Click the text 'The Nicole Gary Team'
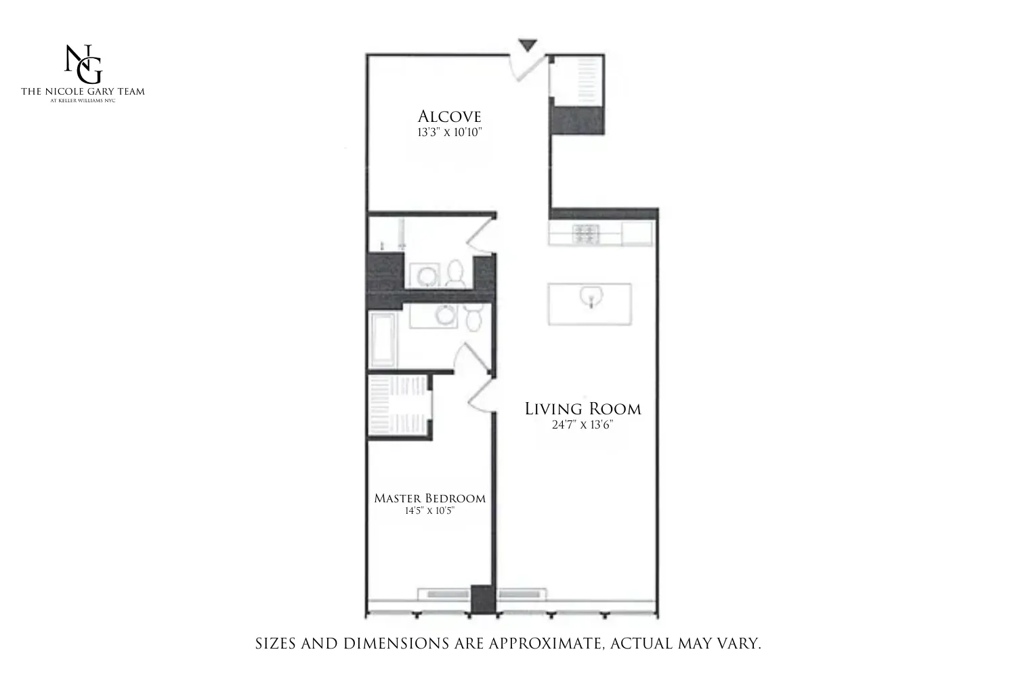[x=83, y=91]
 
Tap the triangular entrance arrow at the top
[x=528, y=45]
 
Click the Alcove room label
[x=449, y=116]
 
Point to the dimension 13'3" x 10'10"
[x=449, y=132]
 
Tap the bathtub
[x=383, y=339]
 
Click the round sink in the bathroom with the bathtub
[x=446, y=315]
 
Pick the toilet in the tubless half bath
[x=455, y=274]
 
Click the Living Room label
[x=583, y=409]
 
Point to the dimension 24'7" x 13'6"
[x=583, y=425]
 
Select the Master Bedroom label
[x=429, y=498]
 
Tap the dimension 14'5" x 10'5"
[x=429, y=511]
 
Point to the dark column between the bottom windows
[x=482, y=598]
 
